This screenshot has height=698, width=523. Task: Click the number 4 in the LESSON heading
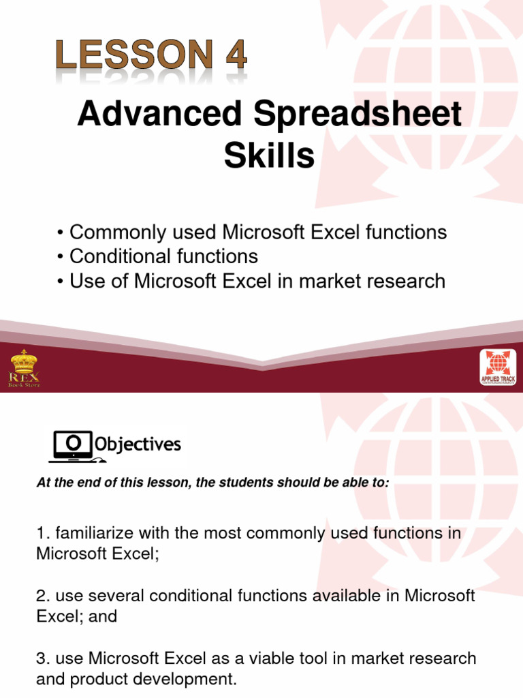tap(236, 55)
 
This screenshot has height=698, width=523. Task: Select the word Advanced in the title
tap(159, 114)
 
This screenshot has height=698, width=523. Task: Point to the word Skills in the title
tap(270, 155)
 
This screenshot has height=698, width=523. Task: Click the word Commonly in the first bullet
tap(118, 233)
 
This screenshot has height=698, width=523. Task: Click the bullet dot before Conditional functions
tap(61, 257)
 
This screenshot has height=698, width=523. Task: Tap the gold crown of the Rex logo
tap(24, 361)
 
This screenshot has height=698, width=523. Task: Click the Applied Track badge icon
tap(498, 367)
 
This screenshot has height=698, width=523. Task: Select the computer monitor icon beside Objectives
tap(74, 446)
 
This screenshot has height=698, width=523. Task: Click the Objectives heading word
tap(138, 444)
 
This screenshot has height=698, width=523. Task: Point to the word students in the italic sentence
tap(246, 483)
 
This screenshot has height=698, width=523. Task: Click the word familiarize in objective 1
tap(94, 533)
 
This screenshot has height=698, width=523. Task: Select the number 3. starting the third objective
tap(43, 658)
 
